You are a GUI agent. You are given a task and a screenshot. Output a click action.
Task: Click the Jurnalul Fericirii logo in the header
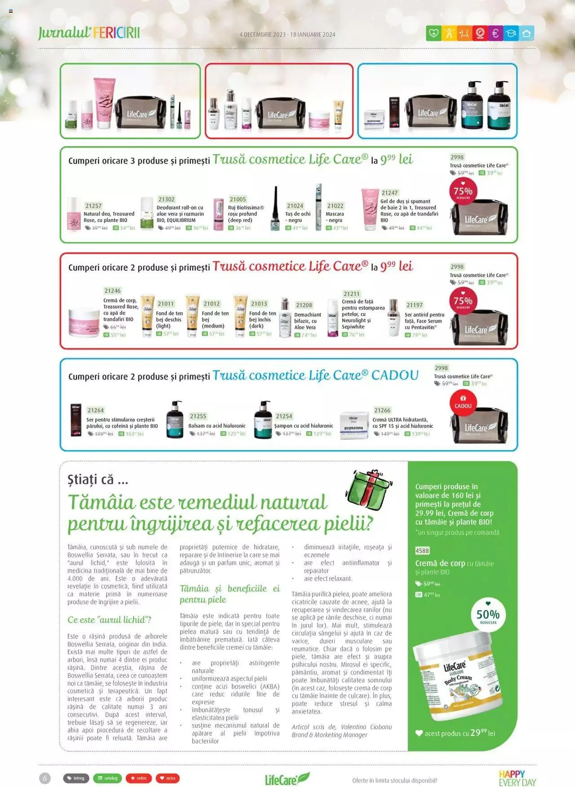point(89,33)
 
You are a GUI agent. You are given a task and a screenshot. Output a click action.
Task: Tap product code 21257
point(93,206)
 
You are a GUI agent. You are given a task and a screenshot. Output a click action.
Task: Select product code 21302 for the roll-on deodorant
point(166,199)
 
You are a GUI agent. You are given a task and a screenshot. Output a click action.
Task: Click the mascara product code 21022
point(335,206)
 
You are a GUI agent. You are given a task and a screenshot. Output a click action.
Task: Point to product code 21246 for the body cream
point(112,291)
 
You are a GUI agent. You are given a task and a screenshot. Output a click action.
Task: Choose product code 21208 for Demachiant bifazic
point(304,305)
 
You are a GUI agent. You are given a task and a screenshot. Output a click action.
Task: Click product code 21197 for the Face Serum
point(414,305)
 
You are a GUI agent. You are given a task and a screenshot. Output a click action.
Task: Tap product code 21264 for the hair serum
point(96,410)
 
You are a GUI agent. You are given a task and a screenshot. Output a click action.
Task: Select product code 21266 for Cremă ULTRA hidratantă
point(382,410)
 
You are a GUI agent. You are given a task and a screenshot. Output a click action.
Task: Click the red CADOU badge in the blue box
point(463,402)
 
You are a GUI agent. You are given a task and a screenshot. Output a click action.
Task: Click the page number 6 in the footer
point(45,778)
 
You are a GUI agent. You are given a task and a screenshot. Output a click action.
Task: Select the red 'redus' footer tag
point(138,778)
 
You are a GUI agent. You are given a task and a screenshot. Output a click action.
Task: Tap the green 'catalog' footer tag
point(107,778)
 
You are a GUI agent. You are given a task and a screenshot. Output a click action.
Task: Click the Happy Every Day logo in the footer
point(517,778)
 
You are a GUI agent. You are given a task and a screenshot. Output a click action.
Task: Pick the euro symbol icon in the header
point(495,33)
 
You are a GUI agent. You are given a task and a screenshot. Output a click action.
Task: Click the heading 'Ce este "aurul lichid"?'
point(109,620)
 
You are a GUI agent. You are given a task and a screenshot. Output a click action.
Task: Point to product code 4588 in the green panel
point(422,551)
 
